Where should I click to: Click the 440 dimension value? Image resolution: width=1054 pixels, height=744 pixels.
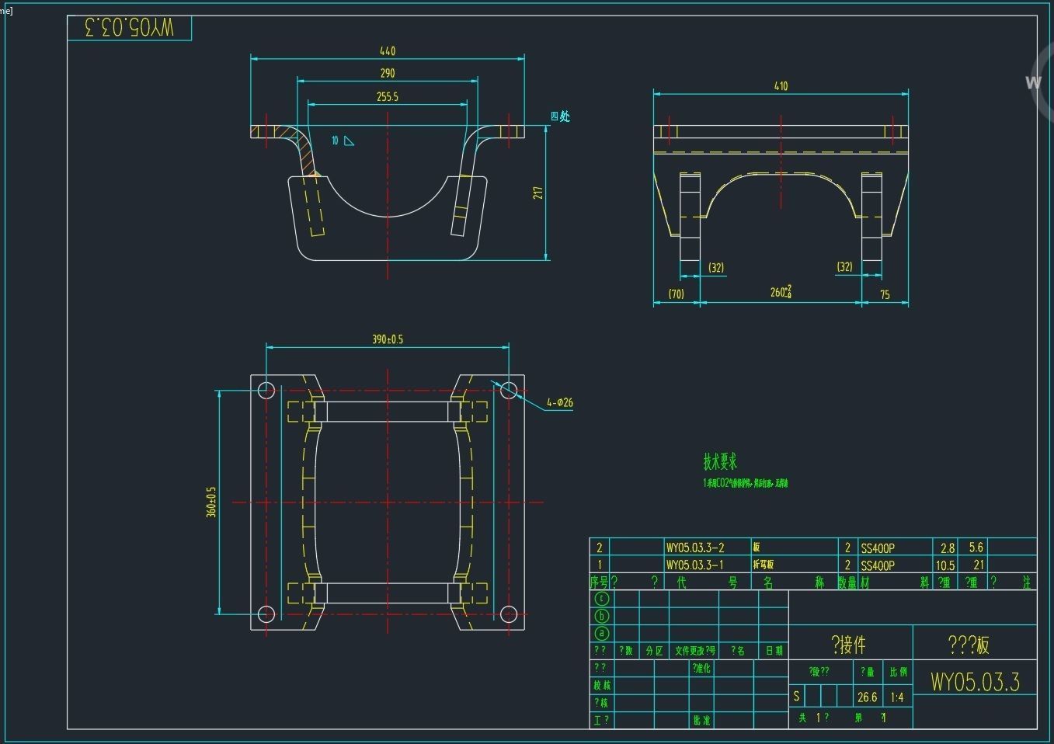[x=387, y=51]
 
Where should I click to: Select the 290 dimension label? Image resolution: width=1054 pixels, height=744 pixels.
[x=387, y=74]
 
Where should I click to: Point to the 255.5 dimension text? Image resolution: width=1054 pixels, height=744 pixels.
[x=387, y=97]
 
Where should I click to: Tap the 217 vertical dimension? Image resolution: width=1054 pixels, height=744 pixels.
[x=537, y=192]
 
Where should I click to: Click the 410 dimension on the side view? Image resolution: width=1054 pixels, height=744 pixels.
[x=781, y=86]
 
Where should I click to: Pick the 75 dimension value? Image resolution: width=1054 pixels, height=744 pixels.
[x=885, y=294]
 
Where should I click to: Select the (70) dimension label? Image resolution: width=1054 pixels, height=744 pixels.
[x=676, y=294]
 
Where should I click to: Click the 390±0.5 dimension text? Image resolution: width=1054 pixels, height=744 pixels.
[x=387, y=339]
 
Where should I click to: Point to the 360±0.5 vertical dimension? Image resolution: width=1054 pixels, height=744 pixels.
[x=211, y=502]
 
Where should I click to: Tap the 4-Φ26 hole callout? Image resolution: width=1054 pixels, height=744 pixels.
[x=559, y=402]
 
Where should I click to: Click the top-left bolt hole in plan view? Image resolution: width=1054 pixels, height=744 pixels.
[x=266, y=390]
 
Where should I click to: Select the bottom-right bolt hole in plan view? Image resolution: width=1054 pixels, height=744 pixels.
[x=508, y=614]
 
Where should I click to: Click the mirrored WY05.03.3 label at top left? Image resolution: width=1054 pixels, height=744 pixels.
[x=129, y=28]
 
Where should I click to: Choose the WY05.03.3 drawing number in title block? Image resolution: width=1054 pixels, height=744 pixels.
[x=975, y=682]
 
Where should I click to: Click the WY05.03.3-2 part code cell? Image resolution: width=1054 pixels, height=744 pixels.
[x=695, y=548]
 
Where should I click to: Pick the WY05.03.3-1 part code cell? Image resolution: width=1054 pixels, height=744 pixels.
[x=695, y=565]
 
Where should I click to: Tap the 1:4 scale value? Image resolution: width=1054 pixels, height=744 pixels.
[x=897, y=697]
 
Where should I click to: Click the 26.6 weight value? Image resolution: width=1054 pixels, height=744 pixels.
[x=867, y=697]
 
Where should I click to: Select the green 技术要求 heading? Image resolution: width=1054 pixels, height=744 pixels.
[x=720, y=462]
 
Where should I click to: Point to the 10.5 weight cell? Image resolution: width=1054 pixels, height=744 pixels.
[x=945, y=565]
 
